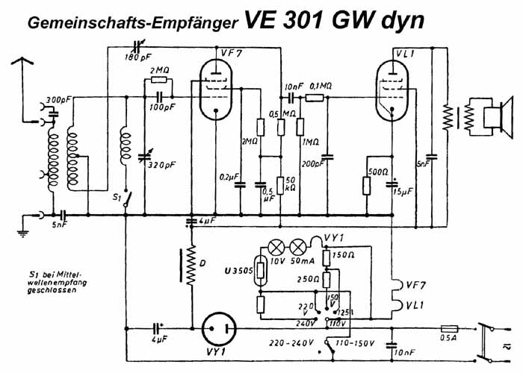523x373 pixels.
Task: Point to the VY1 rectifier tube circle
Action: (x=219, y=326)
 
